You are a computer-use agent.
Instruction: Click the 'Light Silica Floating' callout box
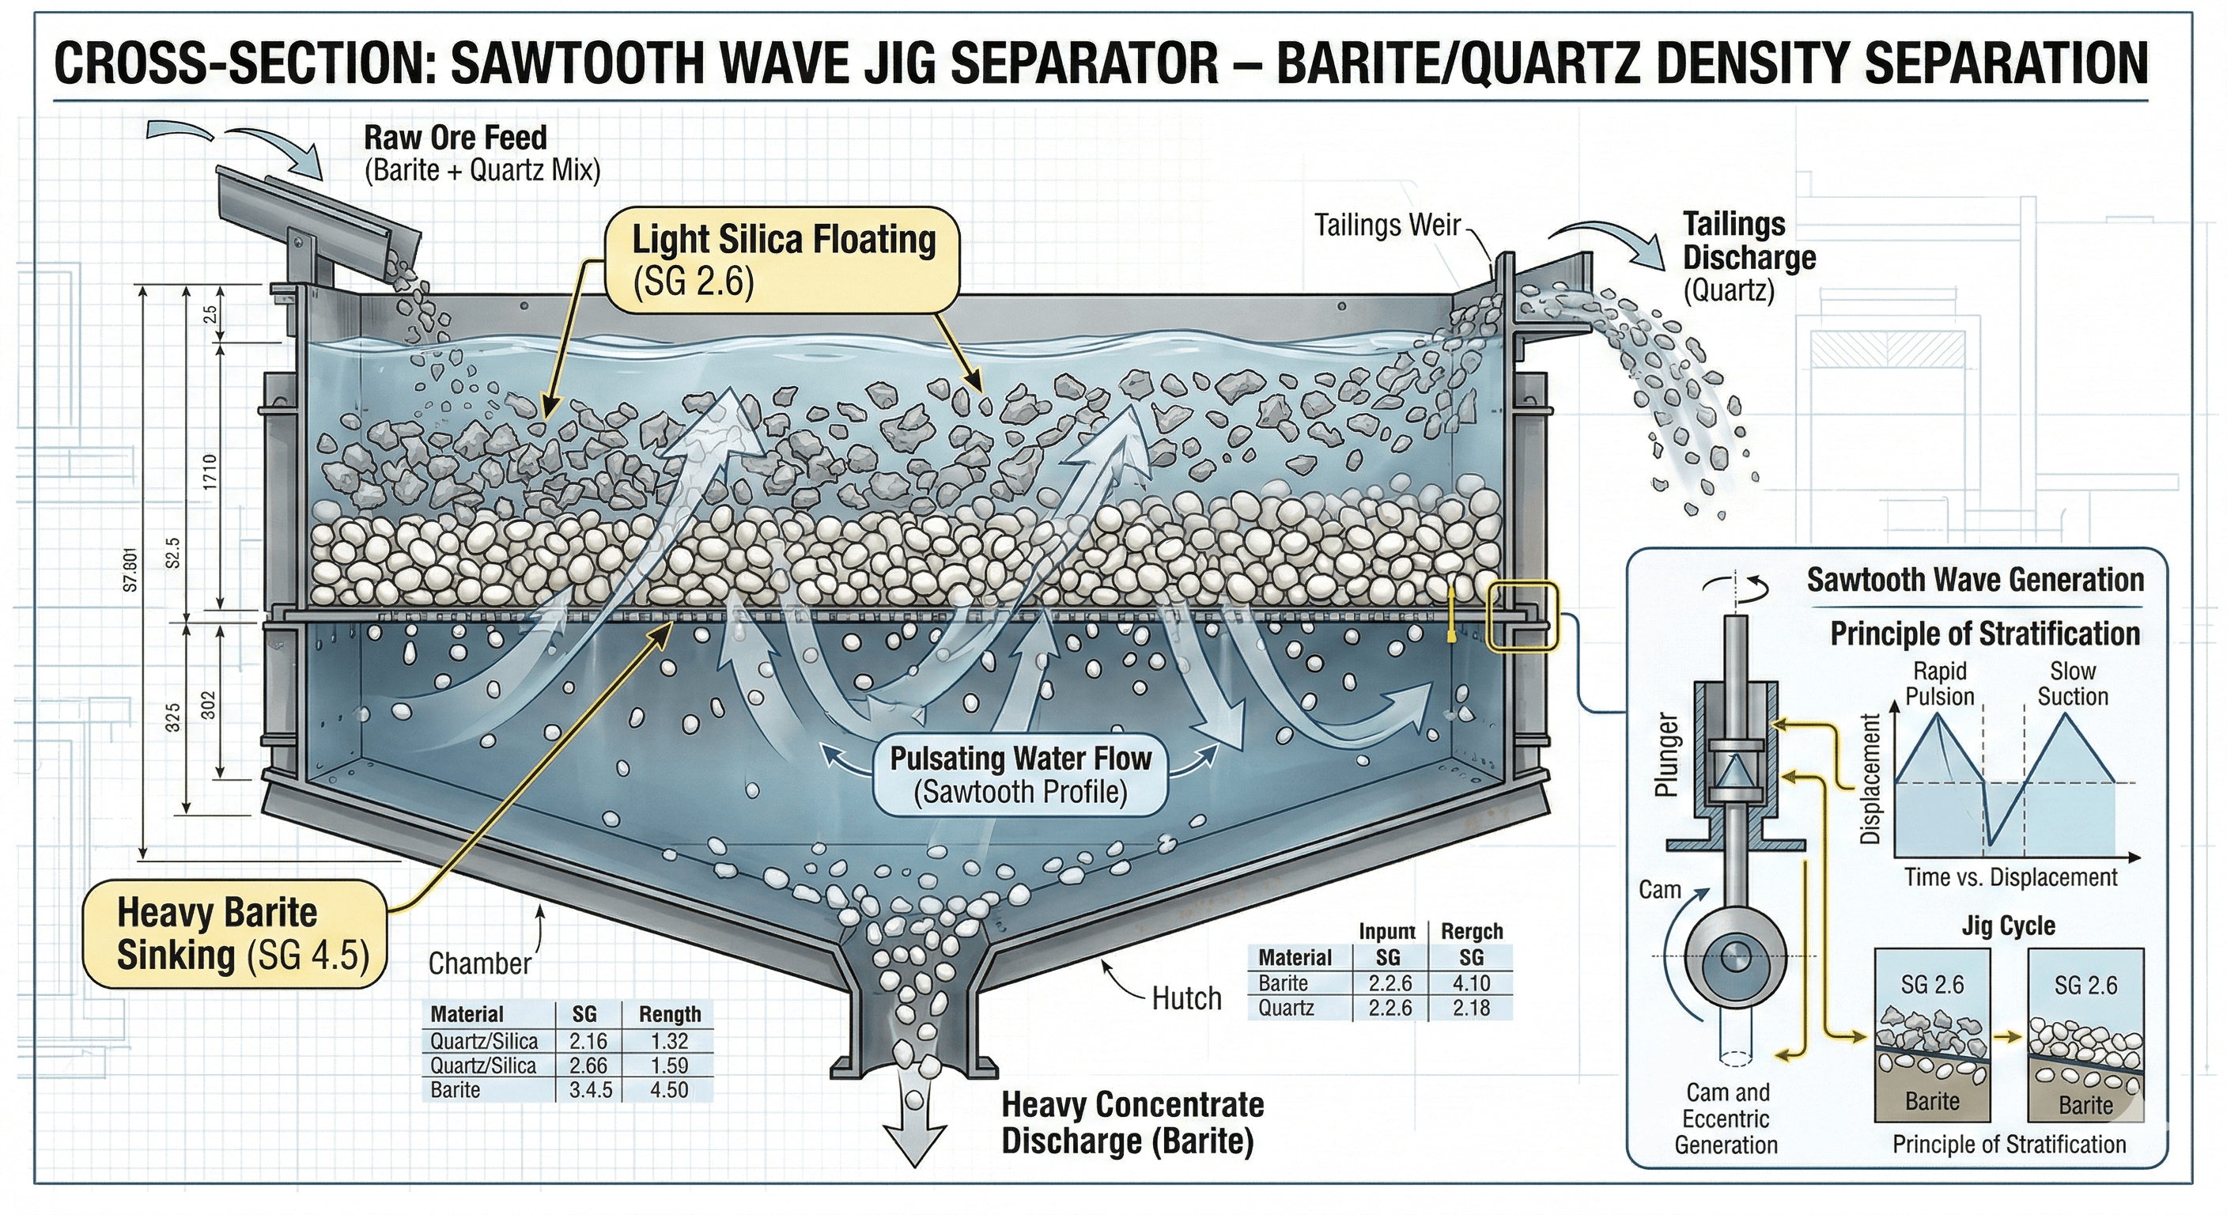coord(782,259)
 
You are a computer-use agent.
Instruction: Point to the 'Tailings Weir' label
coord(1386,225)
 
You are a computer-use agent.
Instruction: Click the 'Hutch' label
coord(1186,999)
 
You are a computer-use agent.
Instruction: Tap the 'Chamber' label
coord(480,963)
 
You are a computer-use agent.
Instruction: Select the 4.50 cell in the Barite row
coord(668,1089)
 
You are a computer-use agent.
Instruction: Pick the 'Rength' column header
coord(669,1014)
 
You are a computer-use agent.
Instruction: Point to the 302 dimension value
coord(207,706)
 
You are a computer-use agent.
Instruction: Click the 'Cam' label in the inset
coord(1659,890)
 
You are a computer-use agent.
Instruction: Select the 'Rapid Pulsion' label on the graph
coord(1940,684)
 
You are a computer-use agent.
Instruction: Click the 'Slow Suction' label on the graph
coord(2072,684)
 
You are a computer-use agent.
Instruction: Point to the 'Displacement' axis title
coord(1870,778)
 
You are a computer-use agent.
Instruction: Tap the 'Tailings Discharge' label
coord(1748,241)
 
